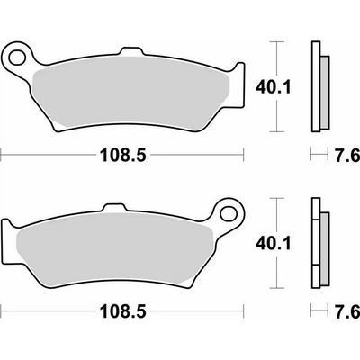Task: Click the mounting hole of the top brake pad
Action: pyautogui.click(x=17, y=58)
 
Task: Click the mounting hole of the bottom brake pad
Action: pyautogui.click(x=229, y=213)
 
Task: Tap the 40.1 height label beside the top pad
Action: pyautogui.click(x=274, y=87)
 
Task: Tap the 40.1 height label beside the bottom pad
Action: pyautogui.click(x=274, y=243)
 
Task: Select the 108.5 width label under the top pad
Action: pyautogui.click(x=123, y=156)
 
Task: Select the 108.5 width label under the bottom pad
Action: pyautogui.click(x=123, y=311)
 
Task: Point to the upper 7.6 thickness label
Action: pyautogui.click(x=347, y=156)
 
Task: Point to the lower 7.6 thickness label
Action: pyautogui.click(x=347, y=311)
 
